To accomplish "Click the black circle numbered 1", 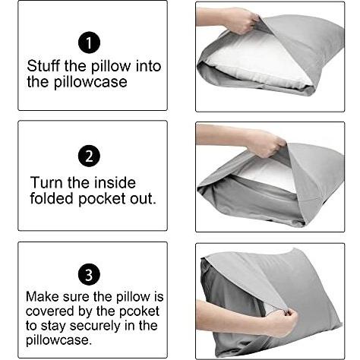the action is point(89,43).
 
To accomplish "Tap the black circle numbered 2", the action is point(89,156).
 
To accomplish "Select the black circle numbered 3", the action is point(89,274).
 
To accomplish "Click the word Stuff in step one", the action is point(43,66).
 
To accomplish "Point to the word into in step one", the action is point(148,66).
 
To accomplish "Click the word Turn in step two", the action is point(46,182).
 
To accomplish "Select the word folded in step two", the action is point(52,198).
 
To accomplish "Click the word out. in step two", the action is point(143,199).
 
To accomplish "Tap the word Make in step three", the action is point(43,296).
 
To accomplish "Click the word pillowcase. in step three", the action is point(58,340).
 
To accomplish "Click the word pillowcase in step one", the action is point(90,82).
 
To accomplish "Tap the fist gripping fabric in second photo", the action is point(265,144).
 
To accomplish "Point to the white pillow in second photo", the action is point(269,175).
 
